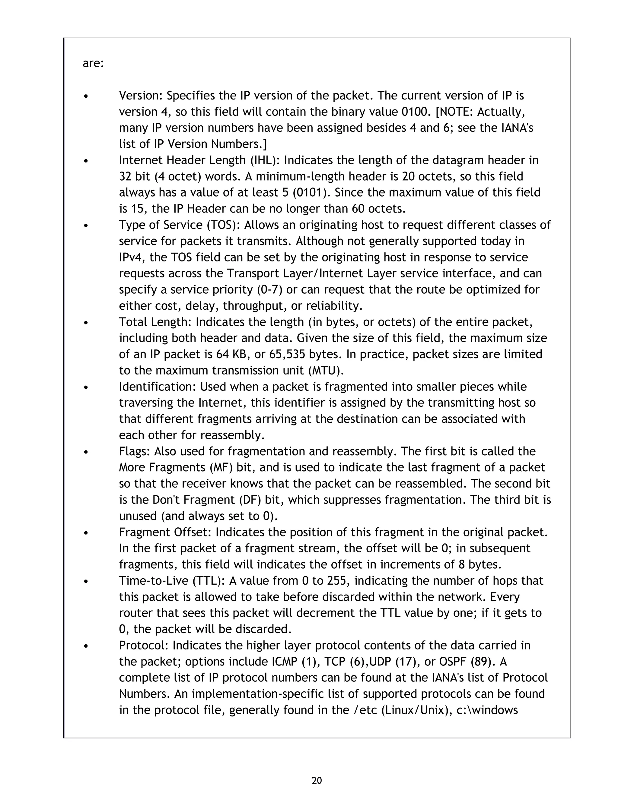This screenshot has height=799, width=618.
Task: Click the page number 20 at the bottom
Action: [x=317, y=781]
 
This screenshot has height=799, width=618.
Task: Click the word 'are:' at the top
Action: [x=93, y=64]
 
